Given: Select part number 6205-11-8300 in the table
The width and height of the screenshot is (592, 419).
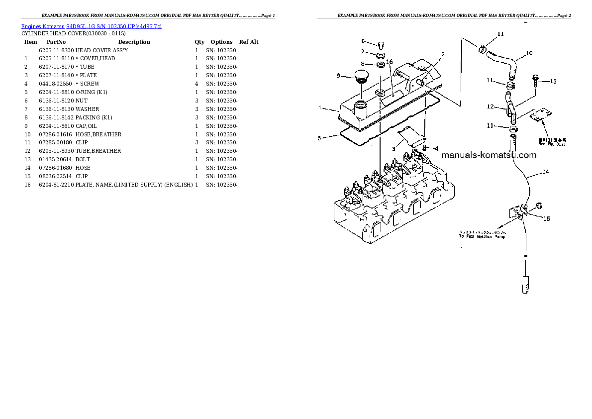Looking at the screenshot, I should point(56,50).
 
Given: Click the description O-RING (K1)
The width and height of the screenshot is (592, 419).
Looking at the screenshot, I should point(92,92).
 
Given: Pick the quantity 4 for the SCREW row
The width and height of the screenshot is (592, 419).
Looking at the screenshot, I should point(197,84).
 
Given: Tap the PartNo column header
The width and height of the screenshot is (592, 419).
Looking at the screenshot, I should point(56,42).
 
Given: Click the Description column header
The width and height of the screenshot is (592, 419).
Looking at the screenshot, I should point(134,42).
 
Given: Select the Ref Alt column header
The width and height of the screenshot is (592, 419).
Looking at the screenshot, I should point(249,42).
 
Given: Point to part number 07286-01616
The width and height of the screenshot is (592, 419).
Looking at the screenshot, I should point(55,134).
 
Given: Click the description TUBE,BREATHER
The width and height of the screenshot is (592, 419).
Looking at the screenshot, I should point(99,151).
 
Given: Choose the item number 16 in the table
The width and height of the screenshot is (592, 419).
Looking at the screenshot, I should point(27,185).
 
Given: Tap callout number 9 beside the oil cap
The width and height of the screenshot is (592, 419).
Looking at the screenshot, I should point(338,76).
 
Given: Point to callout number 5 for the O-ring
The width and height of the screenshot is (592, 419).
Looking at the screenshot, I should point(320,138).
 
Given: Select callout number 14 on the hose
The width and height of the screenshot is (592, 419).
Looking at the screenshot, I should point(545,172).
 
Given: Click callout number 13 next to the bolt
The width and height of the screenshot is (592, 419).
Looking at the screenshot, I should point(553,81).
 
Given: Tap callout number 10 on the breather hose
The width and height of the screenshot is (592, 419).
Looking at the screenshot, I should point(529,53).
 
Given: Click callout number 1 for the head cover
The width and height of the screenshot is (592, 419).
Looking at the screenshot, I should point(321,107).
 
